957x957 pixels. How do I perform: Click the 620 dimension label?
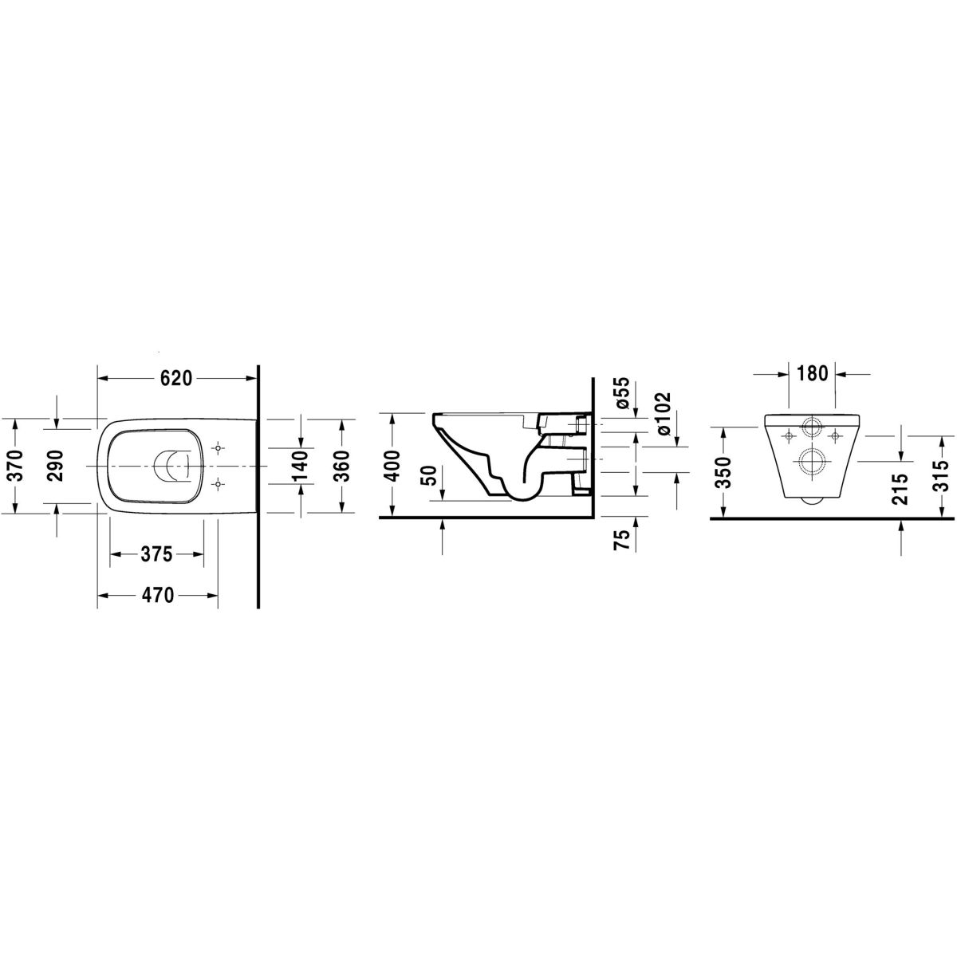(176, 379)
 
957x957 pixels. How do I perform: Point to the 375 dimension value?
(156, 553)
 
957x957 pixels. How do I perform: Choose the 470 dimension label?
(158, 594)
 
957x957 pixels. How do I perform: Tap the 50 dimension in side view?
(431, 476)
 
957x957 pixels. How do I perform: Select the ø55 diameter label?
(624, 394)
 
